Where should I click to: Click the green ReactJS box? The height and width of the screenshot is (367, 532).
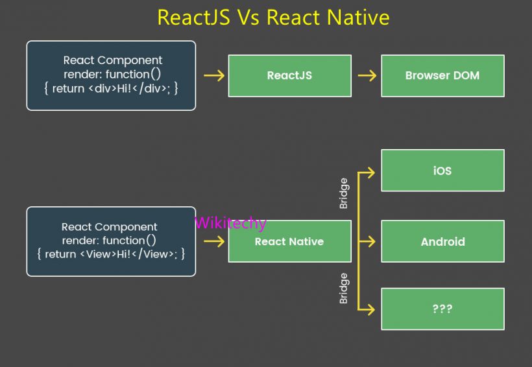(289, 76)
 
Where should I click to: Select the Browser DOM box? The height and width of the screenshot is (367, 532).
(442, 76)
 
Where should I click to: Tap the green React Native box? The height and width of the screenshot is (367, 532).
(289, 241)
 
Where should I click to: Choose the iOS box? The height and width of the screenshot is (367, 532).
(442, 171)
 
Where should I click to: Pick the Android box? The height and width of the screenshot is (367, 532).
(442, 241)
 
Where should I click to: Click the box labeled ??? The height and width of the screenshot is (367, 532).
(442, 309)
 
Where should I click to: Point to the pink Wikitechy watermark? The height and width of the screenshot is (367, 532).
(230, 223)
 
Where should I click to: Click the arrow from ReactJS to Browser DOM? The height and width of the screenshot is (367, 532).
(367, 76)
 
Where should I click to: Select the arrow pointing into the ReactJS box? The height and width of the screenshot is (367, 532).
(213, 76)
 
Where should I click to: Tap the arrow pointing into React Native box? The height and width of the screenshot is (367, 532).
(213, 241)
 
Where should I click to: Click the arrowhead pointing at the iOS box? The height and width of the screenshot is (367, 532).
(370, 172)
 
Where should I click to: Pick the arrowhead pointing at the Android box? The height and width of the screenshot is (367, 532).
(370, 241)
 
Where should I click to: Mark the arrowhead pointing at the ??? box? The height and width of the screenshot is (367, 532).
(370, 309)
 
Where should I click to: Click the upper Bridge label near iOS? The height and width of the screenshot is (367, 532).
(344, 193)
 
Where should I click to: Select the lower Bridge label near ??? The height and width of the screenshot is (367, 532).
(344, 289)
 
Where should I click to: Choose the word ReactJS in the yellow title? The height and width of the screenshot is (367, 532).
(193, 18)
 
